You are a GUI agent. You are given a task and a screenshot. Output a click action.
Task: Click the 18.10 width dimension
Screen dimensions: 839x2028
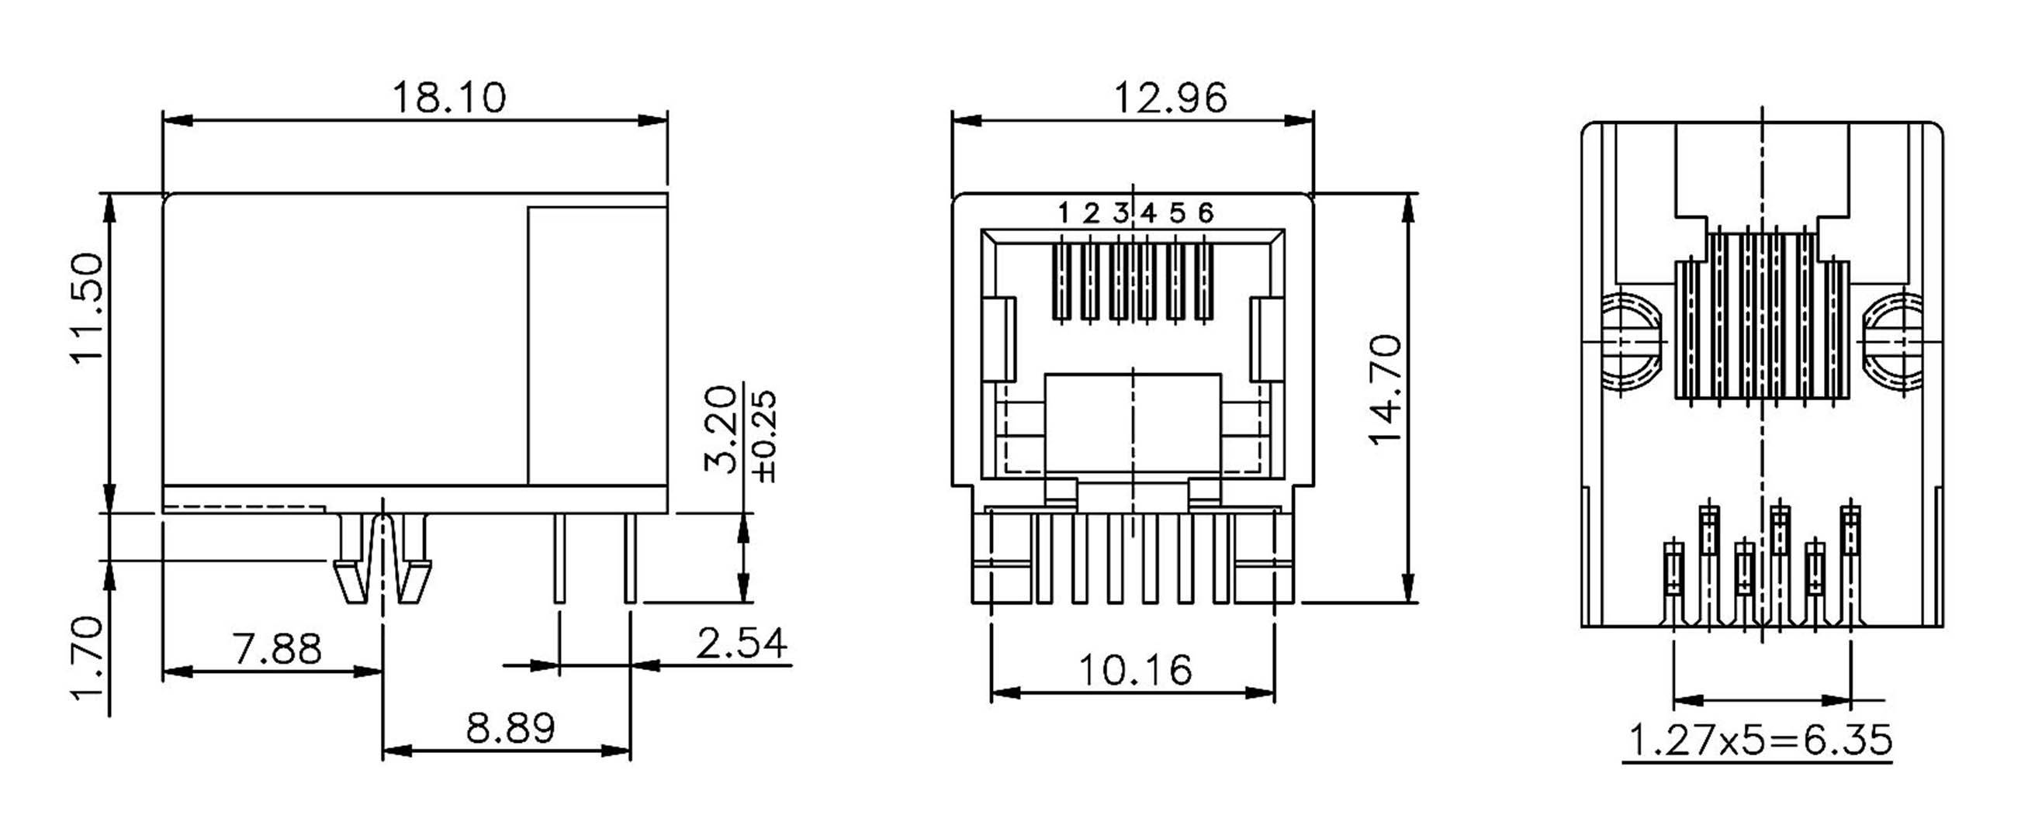tap(448, 98)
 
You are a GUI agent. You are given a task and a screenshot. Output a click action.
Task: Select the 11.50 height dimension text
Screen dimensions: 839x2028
tap(88, 308)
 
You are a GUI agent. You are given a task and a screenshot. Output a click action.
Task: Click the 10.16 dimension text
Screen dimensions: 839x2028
tap(1134, 671)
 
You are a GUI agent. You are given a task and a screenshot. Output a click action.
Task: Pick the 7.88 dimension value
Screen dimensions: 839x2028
tap(277, 650)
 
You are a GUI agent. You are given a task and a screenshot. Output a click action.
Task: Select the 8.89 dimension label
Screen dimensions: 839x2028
tap(510, 728)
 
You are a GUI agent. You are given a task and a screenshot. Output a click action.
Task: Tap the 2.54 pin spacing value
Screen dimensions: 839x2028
tap(741, 643)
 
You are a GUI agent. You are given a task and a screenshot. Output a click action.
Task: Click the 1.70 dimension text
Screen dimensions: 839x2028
tap(88, 658)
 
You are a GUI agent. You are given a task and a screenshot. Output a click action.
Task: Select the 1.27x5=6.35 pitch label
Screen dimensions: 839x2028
tap(1759, 741)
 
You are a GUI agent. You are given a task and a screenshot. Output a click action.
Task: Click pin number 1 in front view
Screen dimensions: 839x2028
tap(1063, 212)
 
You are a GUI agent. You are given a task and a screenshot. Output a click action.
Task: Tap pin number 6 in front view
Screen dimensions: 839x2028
tap(1206, 212)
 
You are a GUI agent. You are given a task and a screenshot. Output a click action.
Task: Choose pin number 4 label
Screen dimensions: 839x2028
tap(1149, 212)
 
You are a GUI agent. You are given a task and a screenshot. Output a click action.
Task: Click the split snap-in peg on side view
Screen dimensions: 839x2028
tap(382, 559)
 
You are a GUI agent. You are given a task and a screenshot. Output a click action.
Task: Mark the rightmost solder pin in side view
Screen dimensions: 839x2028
tap(630, 559)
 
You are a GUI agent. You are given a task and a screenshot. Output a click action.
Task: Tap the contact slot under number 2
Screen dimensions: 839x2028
tap(1090, 281)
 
